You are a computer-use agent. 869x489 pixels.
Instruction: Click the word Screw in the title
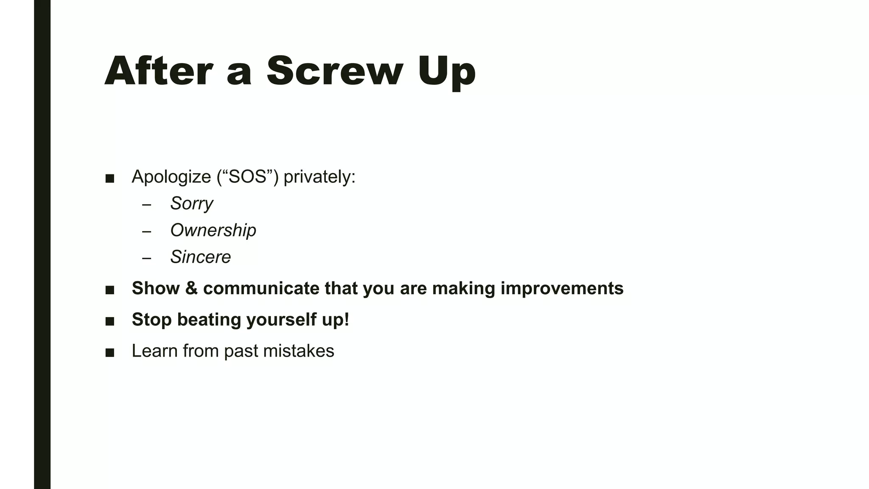[334, 71]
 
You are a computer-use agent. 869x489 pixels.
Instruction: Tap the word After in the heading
[158, 71]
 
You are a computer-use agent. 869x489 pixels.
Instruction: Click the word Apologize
[171, 177]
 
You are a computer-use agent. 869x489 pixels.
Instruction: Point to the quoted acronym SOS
[247, 177]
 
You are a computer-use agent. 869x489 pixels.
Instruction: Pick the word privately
[319, 177]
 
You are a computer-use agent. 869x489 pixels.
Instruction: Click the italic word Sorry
[191, 204]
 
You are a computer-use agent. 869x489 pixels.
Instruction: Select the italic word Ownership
[213, 230]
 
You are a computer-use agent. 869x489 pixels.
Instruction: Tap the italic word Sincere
[200, 257]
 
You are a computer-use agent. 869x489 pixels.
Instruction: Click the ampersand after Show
[191, 288]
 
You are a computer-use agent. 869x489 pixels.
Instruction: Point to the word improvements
[562, 289]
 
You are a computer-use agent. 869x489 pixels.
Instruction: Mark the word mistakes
[298, 351]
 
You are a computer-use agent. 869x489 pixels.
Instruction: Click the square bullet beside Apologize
[109, 179]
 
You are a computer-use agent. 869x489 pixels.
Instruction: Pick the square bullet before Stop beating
[109, 321]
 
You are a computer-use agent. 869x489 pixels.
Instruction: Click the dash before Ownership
[147, 232]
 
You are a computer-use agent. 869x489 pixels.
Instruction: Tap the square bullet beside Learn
[109, 353]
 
